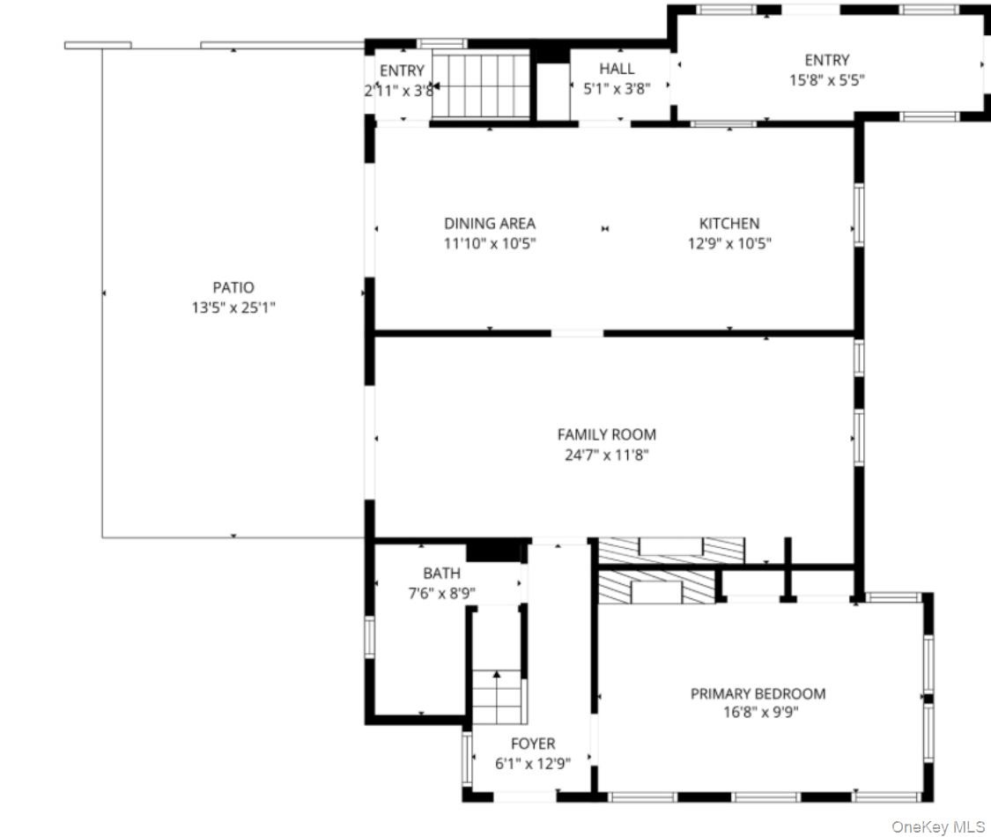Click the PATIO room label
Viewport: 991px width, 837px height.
tap(233, 287)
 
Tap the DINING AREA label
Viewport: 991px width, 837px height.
tap(490, 223)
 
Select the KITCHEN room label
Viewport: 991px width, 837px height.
tap(729, 223)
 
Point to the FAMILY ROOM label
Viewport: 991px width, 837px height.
tap(607, 434)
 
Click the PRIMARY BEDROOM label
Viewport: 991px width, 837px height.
tap(758, 693)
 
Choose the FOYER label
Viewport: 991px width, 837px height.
tap(533, 744)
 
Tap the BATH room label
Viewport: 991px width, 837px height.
tap(442, 574)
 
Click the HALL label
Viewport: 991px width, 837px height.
tap(617, 68)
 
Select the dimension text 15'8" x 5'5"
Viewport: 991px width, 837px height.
tap(826, 80)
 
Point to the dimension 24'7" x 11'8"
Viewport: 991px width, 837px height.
tap(607, 455)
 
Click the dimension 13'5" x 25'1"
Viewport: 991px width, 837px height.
tap(233, 307)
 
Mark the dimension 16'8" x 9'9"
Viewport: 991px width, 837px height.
tap(761, 713)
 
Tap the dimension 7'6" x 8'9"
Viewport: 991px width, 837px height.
tap(442, 594)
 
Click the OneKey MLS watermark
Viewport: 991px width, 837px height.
tap(938, 826)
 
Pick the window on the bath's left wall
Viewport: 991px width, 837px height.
tap(370, 637)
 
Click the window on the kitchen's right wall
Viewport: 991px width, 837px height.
tap(859, 215)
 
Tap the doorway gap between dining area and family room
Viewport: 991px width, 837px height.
tap(577, 333)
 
